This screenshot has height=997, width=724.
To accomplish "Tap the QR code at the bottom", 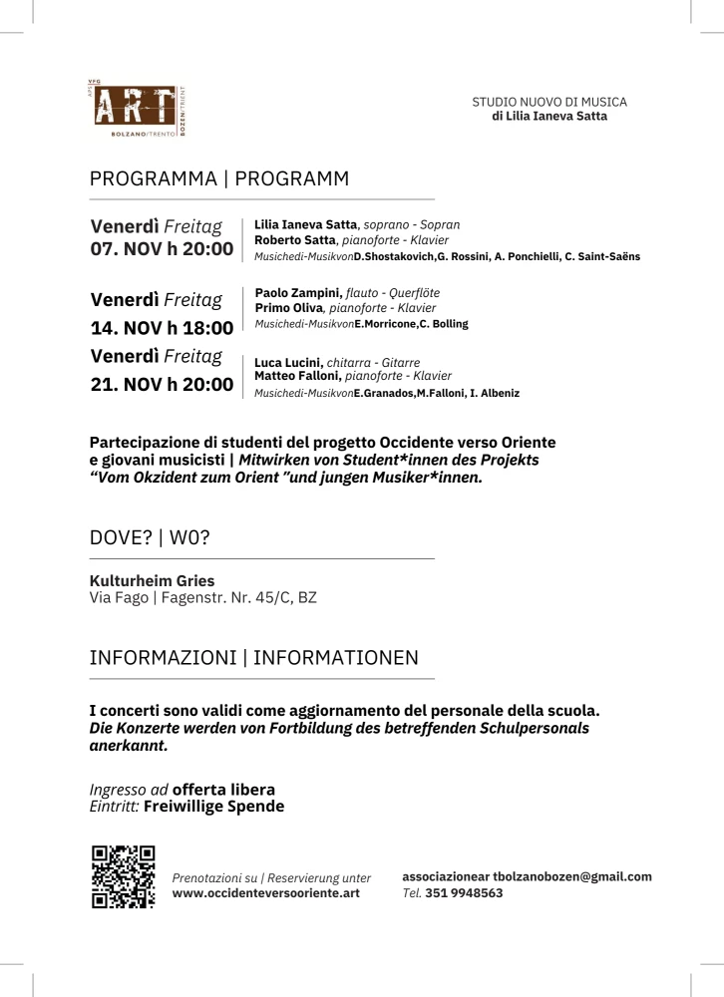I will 123,876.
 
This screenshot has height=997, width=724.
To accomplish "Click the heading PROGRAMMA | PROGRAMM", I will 219,179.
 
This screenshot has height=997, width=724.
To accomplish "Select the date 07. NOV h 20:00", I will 163,248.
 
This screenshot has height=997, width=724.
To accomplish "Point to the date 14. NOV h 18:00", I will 163,327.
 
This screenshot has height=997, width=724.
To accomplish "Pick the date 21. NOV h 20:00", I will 163,385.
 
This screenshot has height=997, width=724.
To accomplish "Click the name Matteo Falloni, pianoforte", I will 297,376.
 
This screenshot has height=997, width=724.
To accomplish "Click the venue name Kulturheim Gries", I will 152,580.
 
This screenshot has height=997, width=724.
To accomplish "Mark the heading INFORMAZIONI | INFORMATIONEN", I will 254,659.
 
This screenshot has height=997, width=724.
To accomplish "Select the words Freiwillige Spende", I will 213,806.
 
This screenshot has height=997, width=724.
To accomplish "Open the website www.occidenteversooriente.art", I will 266,893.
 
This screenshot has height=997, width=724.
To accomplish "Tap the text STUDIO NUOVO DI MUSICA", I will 549,102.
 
